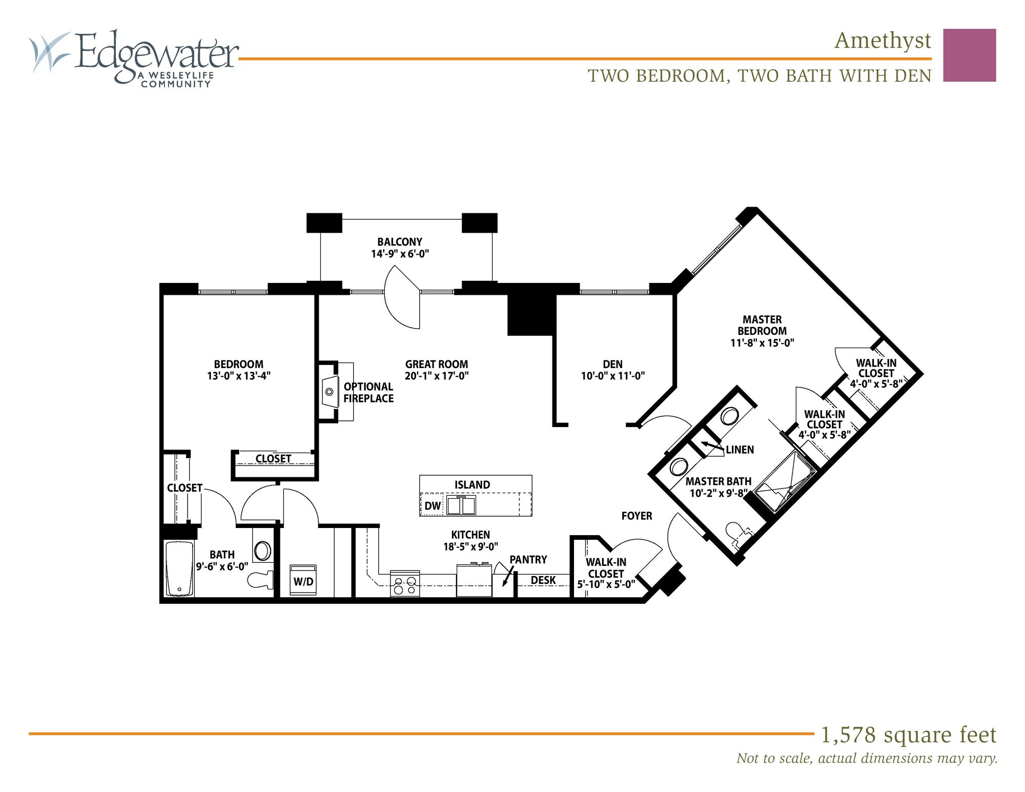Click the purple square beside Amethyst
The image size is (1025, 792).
pos(969,55)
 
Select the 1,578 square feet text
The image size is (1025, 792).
pos(908,735)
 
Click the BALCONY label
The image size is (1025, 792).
pos(400,242)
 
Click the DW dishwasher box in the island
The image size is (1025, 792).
pos(433,505)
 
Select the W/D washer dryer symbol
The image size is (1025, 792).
pos(303,581)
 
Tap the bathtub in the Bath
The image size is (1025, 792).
pos(179,569)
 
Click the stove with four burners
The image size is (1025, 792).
pos(405,584)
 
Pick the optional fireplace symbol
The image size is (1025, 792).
pos(330,392)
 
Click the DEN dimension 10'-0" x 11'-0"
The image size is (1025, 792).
pos(612,376)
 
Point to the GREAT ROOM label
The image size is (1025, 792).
pos(437,364)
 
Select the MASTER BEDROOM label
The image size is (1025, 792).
pos(762,325)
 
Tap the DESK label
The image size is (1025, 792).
pos(543,580)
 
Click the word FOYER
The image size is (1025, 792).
pos(637,516)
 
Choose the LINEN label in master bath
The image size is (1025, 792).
pos(740,450)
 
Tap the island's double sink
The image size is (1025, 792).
pos(461,505)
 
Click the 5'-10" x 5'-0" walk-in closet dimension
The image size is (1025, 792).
pos(606,584)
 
